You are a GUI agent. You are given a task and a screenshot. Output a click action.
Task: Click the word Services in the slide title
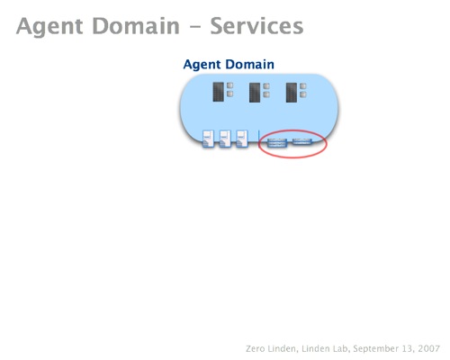click(256, 26)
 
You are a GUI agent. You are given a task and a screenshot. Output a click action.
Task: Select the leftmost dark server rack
click(218, 92)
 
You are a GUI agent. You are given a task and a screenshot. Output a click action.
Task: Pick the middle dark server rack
click(255, 93)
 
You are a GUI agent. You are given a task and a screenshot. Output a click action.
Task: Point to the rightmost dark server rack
click(292, 93)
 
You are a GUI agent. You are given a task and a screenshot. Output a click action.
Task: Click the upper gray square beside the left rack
click(229, 85)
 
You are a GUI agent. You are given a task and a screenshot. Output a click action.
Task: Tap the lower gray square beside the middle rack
click(266, 94)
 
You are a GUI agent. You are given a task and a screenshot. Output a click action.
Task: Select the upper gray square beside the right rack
click(303, 86)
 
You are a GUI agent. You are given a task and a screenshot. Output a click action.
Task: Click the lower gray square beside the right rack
click(303, 94)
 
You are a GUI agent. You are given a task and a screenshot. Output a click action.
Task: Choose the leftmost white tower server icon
click(208, 139)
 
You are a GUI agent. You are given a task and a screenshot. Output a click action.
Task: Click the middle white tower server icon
click(225, 139)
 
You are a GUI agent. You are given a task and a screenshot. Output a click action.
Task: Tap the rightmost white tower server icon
click(242, 139)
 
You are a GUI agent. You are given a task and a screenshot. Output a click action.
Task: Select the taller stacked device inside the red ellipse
click(277, 143)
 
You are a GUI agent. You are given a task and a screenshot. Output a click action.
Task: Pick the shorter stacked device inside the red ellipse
click(302, 141)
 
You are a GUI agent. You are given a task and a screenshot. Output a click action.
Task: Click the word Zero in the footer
click(255, 348)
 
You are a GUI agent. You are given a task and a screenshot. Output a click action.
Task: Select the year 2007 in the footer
click(429, 348)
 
